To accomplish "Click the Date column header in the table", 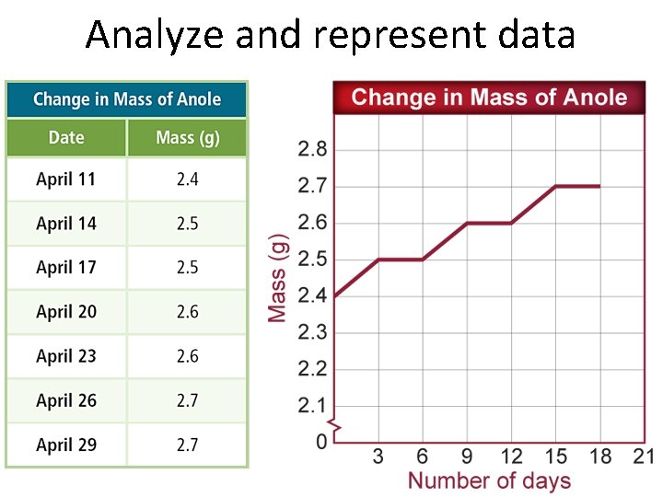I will [x=66, y=138].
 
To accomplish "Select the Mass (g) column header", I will [x=188, y=138].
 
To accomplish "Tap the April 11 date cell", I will [x=66, y=179].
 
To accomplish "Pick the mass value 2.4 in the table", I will [x=188, y=179].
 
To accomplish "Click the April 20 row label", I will [x=66, y=312].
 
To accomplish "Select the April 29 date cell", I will [x=66, y=445].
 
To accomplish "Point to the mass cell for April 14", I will [x=188, y=224].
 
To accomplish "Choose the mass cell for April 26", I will [x=188, y=401].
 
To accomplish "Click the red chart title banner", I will [x=489, y=98].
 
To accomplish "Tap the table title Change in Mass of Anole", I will [x=127, y=99].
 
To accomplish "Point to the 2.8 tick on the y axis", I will [x=312, y=149].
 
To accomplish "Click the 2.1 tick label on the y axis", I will [x=312, y=406].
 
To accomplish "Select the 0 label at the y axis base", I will [x=321, y=443].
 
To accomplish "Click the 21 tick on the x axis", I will [x=644, y=457].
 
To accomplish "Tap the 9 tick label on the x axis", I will [x=467, y=457].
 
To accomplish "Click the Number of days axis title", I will [x=489, y=480].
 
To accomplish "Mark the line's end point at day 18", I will [x=600, y=186].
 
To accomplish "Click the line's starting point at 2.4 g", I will [x=333, y=296].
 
